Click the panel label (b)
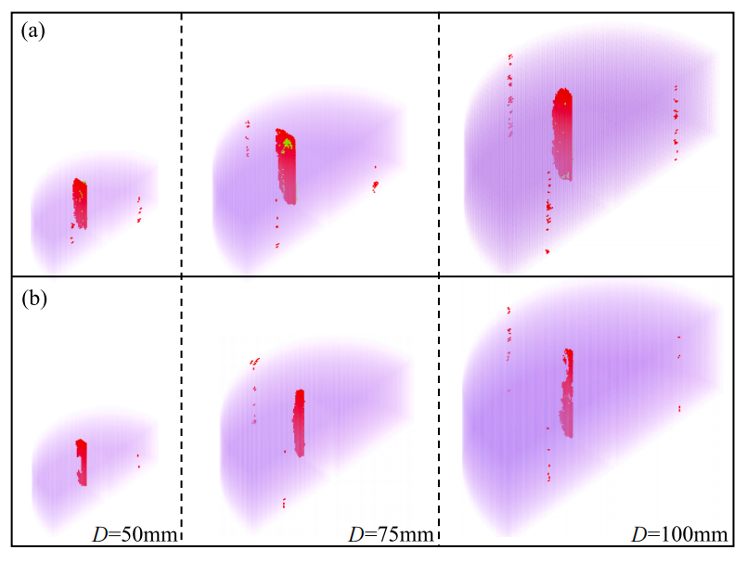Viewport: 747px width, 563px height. click(33, 300)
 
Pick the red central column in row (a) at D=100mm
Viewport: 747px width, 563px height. click(561, 134)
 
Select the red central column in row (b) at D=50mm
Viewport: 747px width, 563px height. click(82, 461)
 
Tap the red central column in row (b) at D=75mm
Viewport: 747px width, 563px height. click(299, 422)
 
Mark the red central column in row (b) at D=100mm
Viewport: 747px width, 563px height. click(567, 392)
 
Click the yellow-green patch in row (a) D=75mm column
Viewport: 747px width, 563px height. click(288, 143)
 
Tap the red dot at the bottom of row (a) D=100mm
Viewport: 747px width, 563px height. click(547, 251)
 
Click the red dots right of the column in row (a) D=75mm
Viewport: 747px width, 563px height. click(375, 184)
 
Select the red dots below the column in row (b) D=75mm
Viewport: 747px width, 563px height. click(283, 502)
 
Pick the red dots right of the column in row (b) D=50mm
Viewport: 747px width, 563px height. click(138, 460)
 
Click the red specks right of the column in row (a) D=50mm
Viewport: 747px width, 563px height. click(139, 210)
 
